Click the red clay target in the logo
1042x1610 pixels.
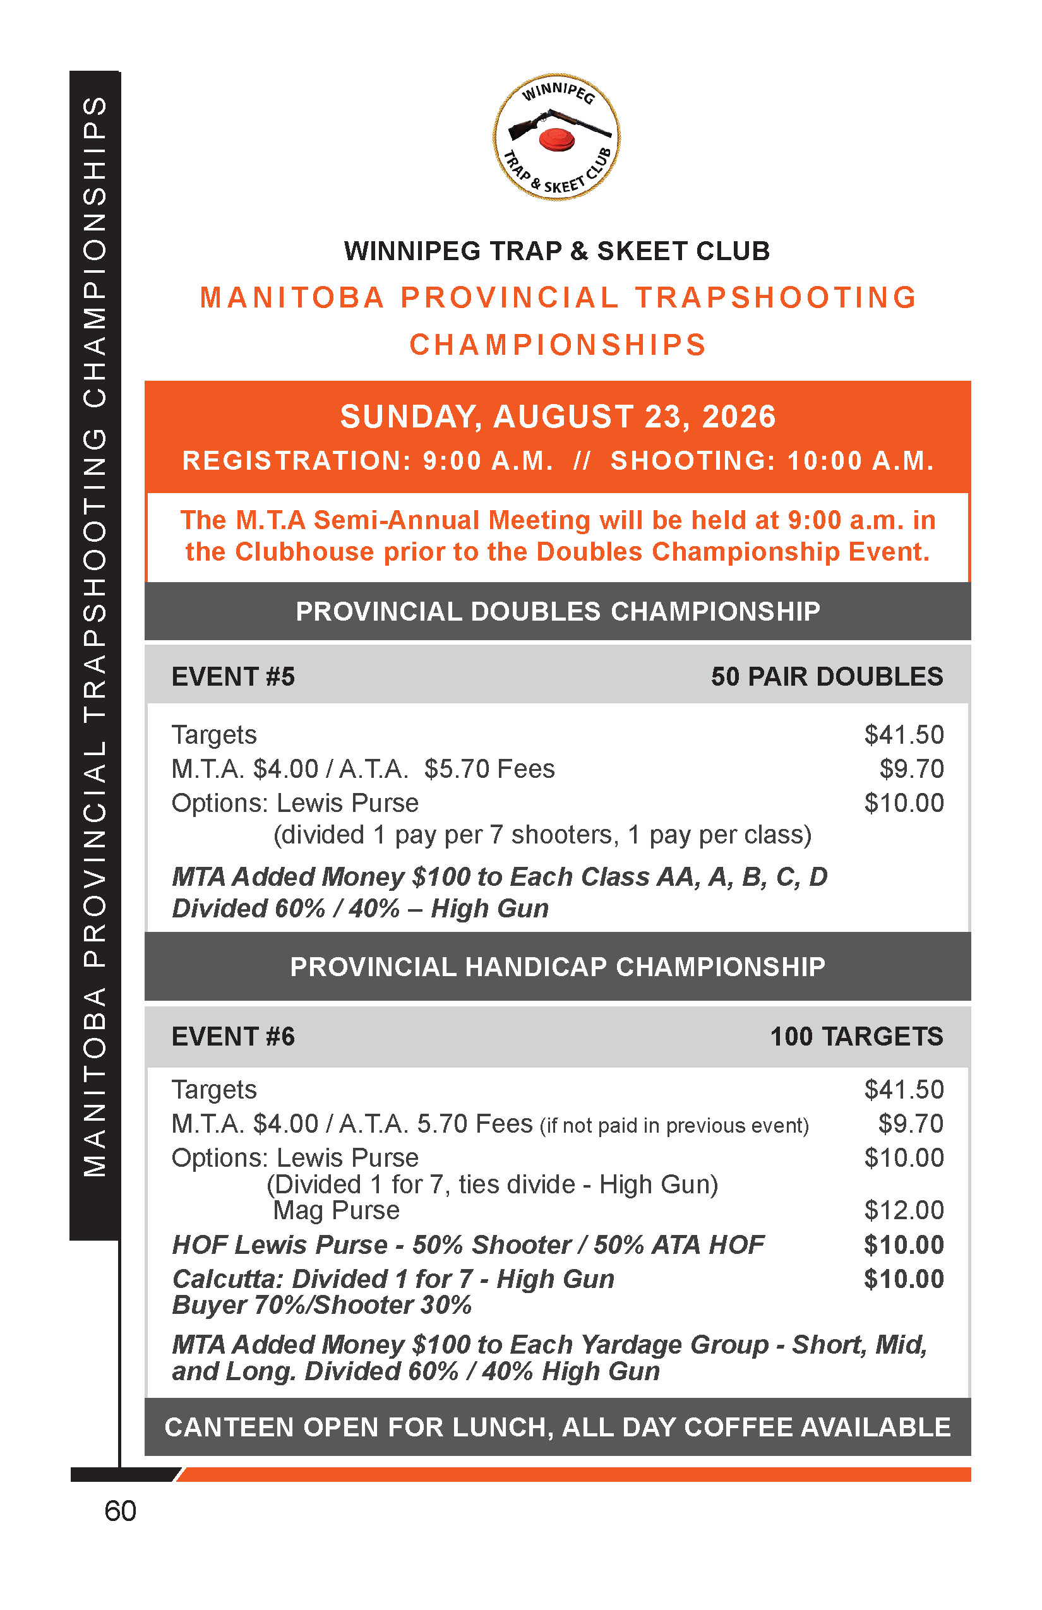(556, 140)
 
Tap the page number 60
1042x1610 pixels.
(121, 1510)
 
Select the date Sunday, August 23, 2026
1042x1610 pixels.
(558, 417)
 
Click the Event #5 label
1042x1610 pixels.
(234, 677)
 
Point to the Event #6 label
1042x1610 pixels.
(234, 1037)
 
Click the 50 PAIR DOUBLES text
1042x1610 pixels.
(826, 677)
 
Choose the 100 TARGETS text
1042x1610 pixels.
(856, 1037)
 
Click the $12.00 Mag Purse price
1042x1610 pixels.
(903, 1210)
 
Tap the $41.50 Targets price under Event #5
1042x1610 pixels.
(903, 736)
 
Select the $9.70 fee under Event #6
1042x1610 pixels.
(910, 1124)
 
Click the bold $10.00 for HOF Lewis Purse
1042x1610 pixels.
(903, 1244)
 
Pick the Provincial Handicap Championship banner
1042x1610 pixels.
(558, 967)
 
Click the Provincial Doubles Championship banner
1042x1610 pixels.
(558, 612)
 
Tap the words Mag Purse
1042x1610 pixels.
(336, 1210)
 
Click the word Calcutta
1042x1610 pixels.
(227, 1279)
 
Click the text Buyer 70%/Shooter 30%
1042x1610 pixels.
(322, 1305)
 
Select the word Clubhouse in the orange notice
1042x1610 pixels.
(304, 552)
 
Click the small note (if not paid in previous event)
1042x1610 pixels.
(674, 1126)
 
